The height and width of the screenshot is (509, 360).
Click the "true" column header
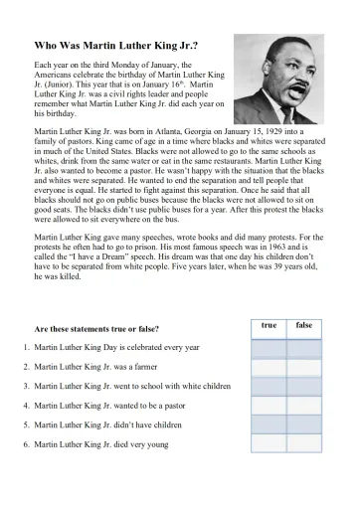pyautogui.click(x=269, y=326)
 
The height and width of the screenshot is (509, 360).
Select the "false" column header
pyautogui.click(x=304, y=326)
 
